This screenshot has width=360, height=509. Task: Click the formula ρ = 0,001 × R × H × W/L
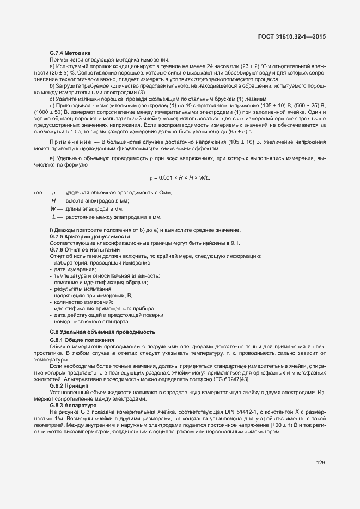(x=179, y=178)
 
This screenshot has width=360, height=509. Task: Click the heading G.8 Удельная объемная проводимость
(x=102, y=332)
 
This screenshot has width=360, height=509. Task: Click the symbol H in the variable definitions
(x=53, y=201)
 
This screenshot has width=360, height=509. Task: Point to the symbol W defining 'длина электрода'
(x=53, y=208)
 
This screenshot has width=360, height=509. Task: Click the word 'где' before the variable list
(x=38, y=193)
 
